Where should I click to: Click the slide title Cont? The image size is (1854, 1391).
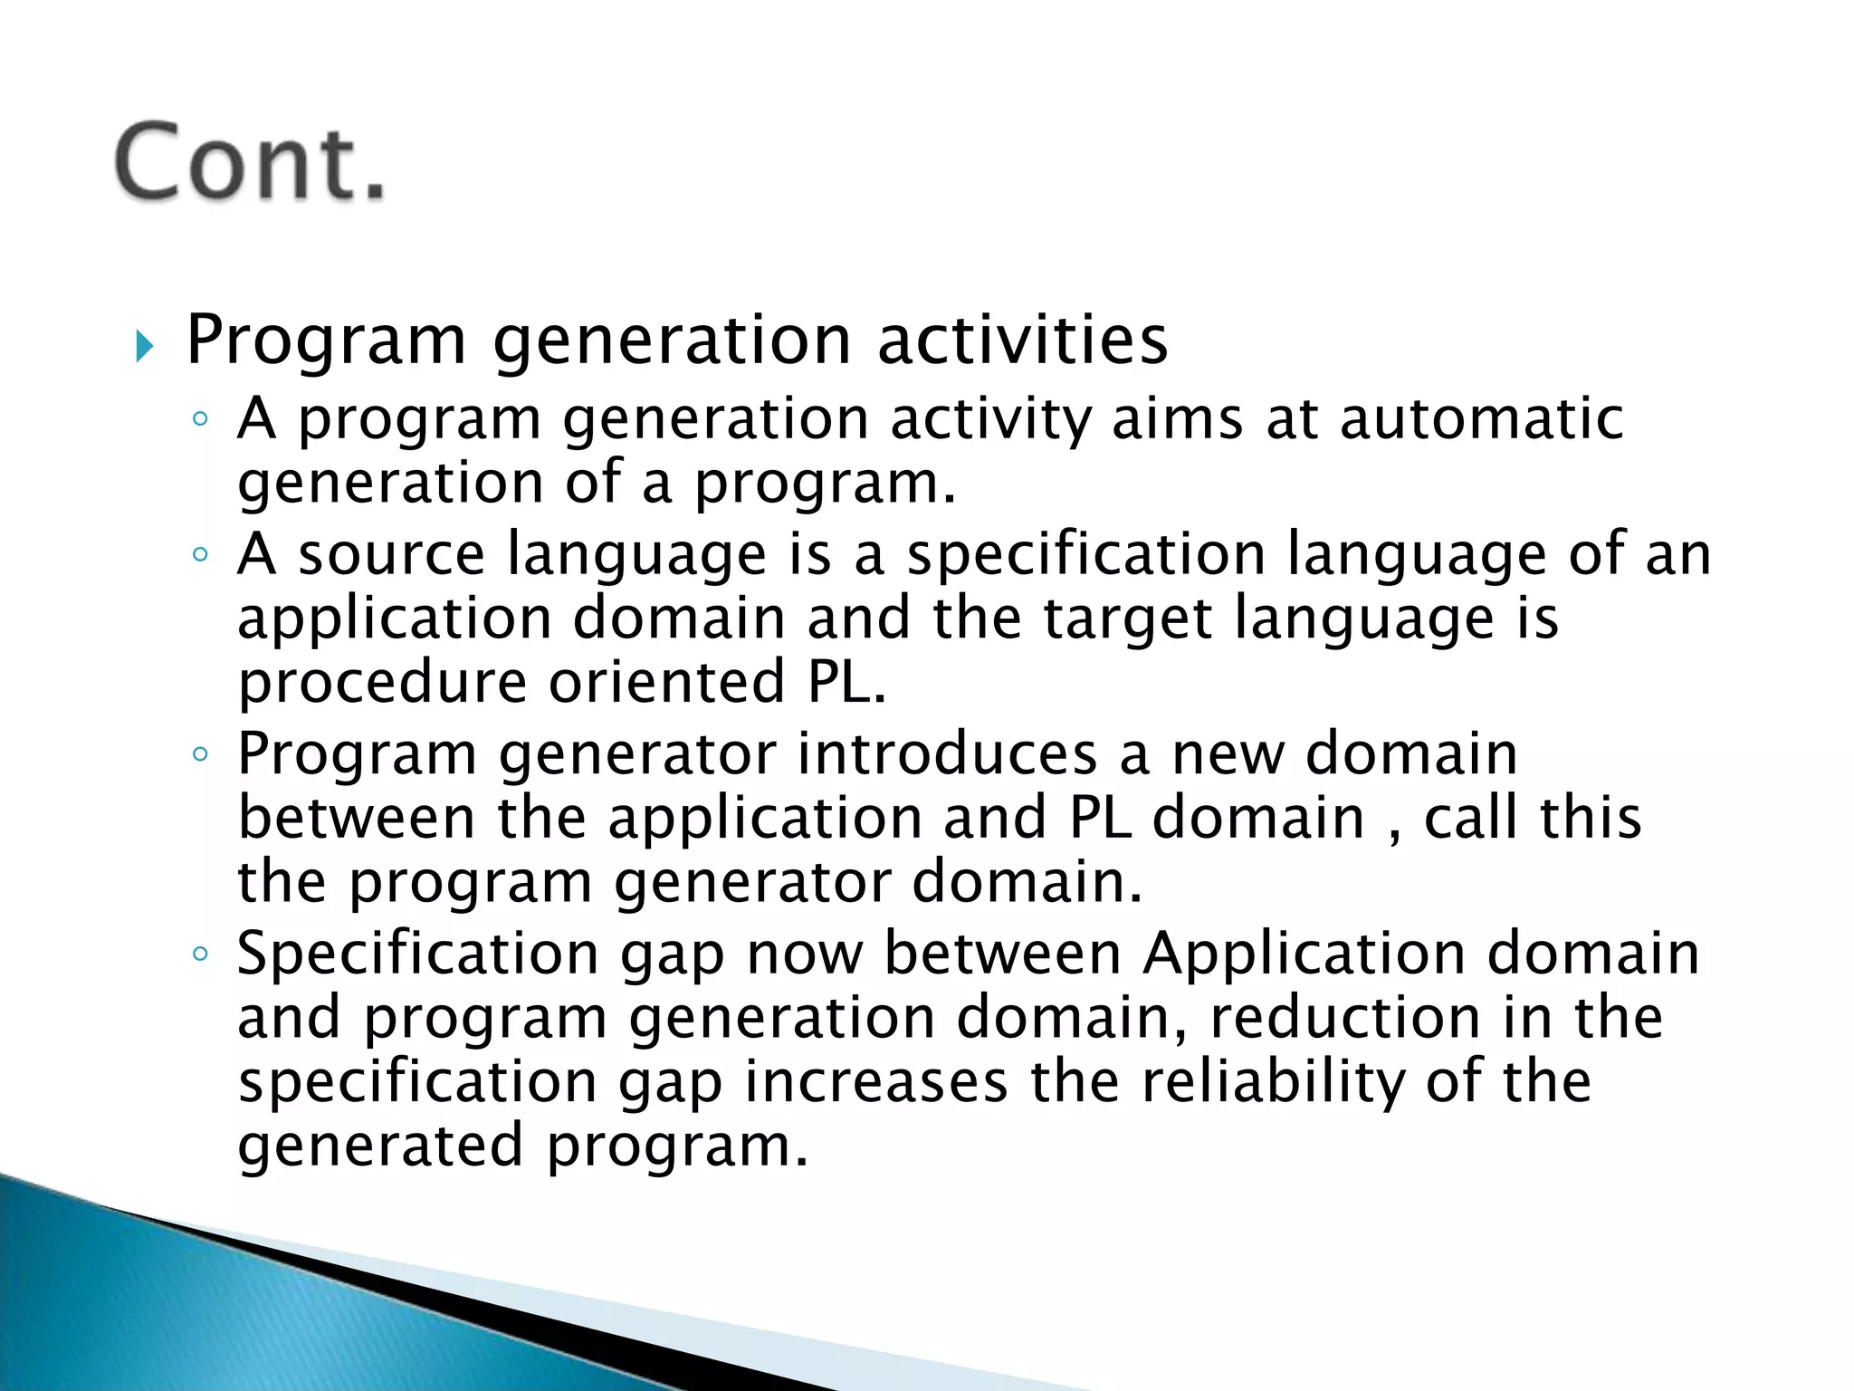(x=251, y=163)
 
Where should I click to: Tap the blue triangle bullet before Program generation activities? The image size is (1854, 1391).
(x=145, y=346)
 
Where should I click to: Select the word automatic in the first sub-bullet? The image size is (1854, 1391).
(x=1481, y=418)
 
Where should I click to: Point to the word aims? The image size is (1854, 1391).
(x=1177, y=418)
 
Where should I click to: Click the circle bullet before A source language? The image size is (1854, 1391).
(x=200, y=554)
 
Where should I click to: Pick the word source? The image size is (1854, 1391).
(x=391, y=554)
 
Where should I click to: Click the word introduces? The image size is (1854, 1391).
(x=947, y=753)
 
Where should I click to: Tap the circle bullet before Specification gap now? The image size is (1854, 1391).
(x=200, y=954)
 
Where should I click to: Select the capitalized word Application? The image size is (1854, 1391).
(x=1304, y=955)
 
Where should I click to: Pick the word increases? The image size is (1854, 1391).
(x=875, y=1081)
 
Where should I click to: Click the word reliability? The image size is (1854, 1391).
(x=1272, y=1081)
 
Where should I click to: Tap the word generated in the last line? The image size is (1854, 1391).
(x=380, y=1146)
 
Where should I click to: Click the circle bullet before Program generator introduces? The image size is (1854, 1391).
(x=200, y=753)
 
